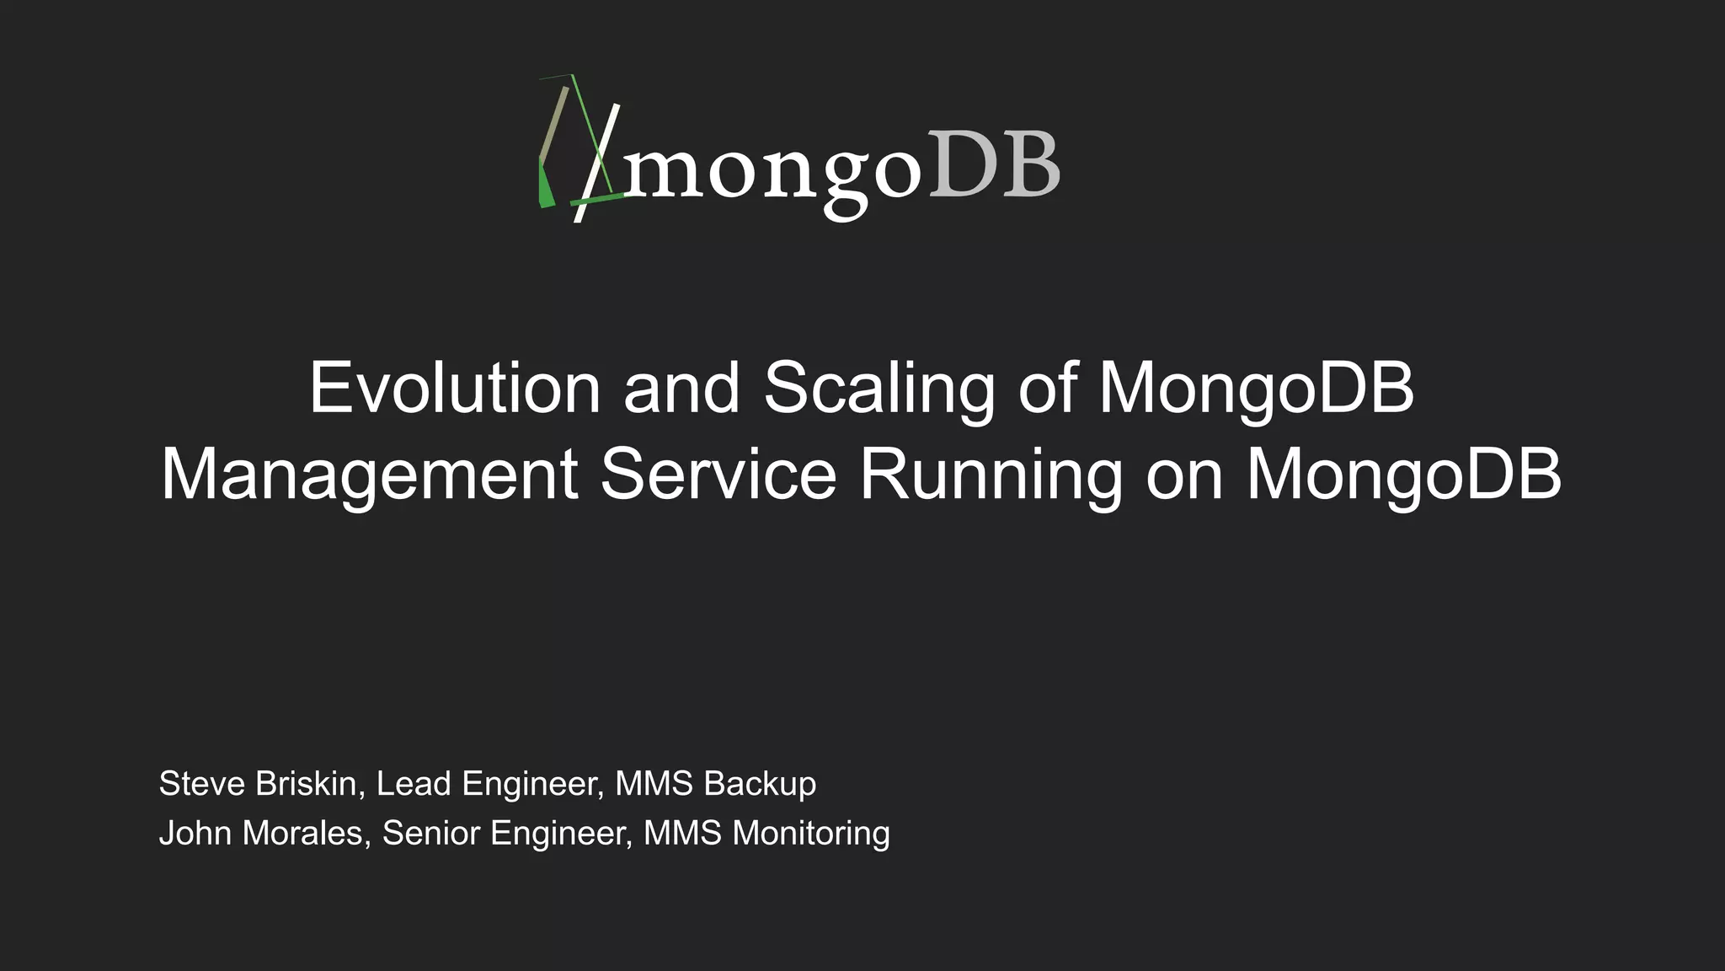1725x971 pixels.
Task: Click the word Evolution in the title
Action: [x=455, y=388]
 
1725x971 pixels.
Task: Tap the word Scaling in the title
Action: [x=879, y=389]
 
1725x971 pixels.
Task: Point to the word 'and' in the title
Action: [x=681, y=388]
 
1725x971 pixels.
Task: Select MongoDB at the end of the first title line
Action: [x=1256, y=389]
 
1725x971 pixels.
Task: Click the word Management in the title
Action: [x=369, y=476]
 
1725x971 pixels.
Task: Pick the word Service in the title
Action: [x=718, y=475]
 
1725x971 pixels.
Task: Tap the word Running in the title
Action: [x=991, y=476]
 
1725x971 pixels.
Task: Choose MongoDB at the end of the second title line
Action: [x=1403, y=475]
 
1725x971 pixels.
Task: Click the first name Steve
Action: [x=202, y=784]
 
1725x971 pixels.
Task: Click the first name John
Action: [x=195, y=834]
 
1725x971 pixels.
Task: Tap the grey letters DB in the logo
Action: [x=994, y=165]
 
